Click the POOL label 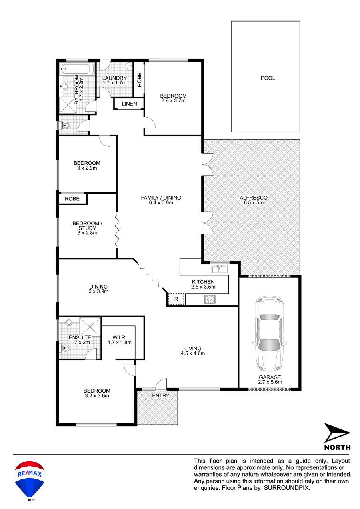coord(268,78)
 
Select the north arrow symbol coord(337,433)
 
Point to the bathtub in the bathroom coord(77,69)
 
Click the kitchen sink coord(219,269)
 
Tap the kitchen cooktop coord(210,299)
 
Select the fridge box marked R coord(176,299)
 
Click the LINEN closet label coord(129,104)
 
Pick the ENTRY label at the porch coord(160,396)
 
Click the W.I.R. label coord(119,337)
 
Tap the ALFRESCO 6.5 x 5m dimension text coord(254,202)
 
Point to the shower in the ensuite coord(90,327)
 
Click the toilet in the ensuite coord(65,348)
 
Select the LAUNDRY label coord(114,78)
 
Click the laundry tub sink coord(129,66)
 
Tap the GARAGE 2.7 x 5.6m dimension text coord(270,382)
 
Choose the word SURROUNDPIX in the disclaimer coord(287,488)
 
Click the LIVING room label coord(193,349)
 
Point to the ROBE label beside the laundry coord(140,80)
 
